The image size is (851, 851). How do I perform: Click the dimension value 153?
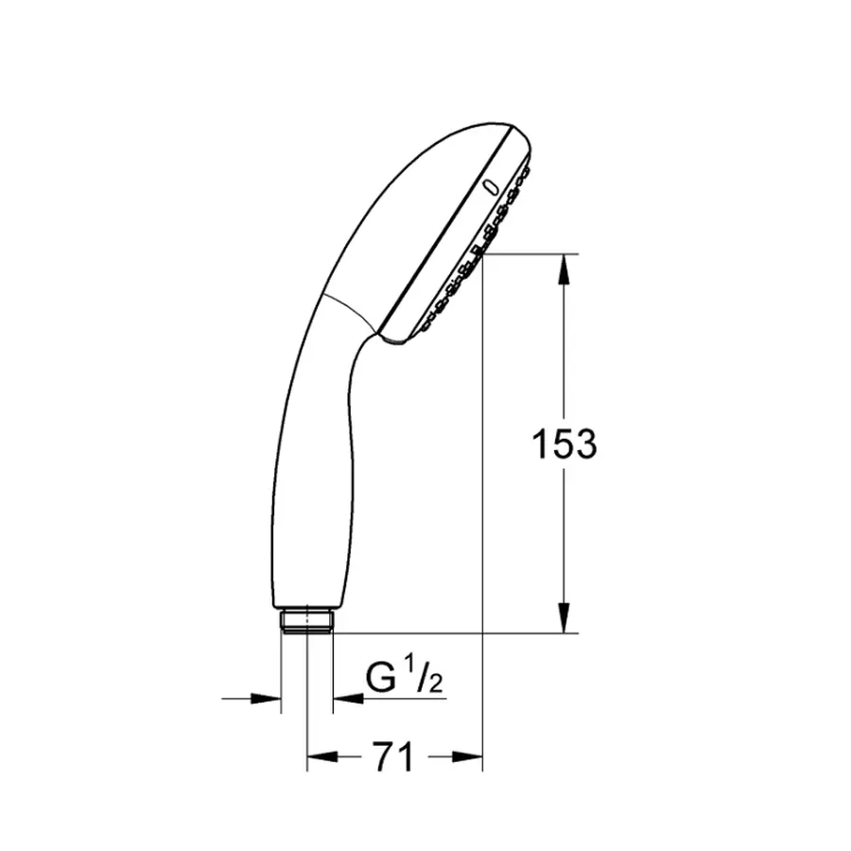tap(564, 443)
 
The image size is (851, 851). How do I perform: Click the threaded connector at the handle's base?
tap(306, 621)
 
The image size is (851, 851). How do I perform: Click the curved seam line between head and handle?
tap(349, 311)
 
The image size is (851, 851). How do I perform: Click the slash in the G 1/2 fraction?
tap(423, 677)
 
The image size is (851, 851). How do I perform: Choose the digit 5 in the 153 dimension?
tap(564, 443)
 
